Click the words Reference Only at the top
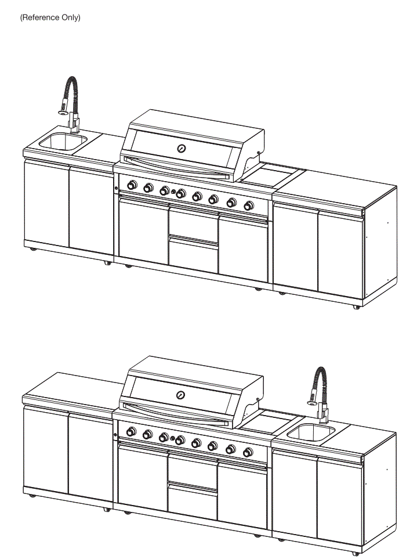[x=50, y=18]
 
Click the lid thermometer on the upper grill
[x=182, y=148]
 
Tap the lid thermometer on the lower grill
[x=182, y=395]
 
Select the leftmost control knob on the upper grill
[x=132, y=186]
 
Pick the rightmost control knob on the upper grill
[x=249, y=205]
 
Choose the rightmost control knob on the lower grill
[x=249, y=452]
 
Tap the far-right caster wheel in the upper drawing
[x=356, y=307]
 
